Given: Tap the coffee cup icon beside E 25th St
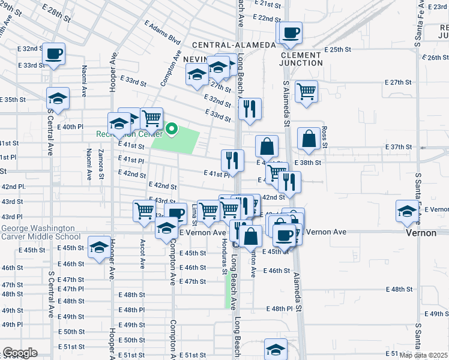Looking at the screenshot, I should coord(291,32).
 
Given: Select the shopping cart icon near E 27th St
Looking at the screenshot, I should coord(307,91).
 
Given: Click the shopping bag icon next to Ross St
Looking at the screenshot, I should coord(309,138).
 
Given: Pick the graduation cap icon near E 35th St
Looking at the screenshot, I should coord(58,98).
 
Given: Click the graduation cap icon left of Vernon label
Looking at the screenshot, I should coord(406,211).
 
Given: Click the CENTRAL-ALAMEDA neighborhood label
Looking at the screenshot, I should coord(234,46).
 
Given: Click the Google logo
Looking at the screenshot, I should coord(20,353).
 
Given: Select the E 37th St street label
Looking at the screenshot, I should coord(399,147).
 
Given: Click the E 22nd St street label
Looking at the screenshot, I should coord(268,19).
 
